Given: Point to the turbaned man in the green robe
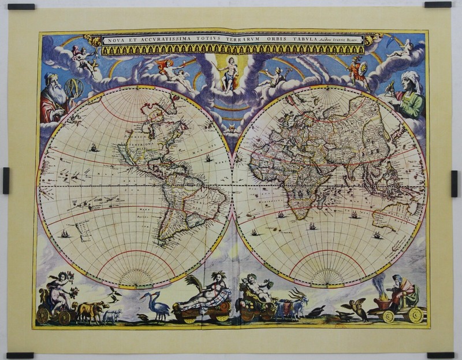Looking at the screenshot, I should (x=411, y=95).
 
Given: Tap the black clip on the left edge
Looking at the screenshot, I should (x=6, y=180).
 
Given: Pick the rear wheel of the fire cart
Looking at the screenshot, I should (x=415, y=315).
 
